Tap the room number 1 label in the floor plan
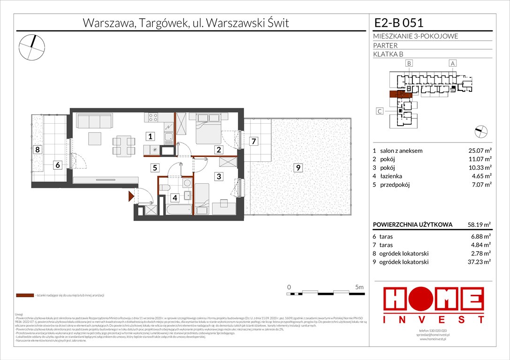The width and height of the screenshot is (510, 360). pos(149,137)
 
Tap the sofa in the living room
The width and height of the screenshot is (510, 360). pos(94,121)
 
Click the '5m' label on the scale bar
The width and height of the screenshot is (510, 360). pos(359,286)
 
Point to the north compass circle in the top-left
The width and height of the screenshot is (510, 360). pos(31,47)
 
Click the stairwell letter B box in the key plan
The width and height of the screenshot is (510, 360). pos(409,63)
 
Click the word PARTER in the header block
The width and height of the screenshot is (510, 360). pos(386,45)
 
